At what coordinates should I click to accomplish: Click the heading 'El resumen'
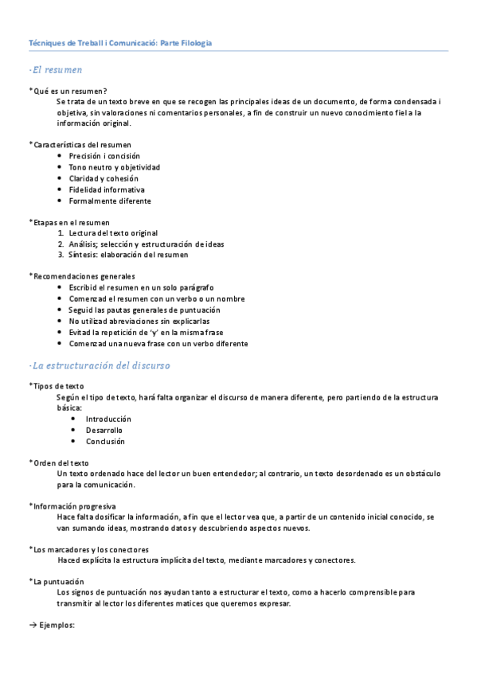(55, 70)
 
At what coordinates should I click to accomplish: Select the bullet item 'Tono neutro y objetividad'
(114, 167)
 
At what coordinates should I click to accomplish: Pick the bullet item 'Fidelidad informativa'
(107, 189)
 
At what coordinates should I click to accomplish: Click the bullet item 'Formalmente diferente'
(109, 201)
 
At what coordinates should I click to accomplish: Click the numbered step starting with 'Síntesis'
(128, 255)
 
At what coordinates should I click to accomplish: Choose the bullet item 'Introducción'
(108, 419)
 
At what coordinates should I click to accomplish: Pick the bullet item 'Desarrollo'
(104, 430)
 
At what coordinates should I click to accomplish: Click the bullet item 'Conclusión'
(105, 441)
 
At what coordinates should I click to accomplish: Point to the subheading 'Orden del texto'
(61, 462)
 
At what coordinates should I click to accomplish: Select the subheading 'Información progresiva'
(73, 505)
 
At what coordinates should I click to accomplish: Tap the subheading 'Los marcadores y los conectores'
(90, 549)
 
